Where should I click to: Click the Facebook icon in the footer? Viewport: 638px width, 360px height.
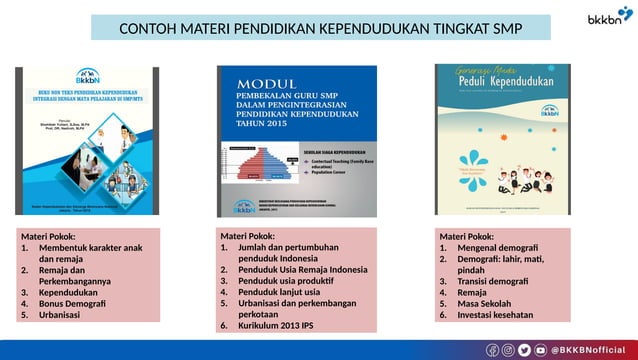coord(492,349)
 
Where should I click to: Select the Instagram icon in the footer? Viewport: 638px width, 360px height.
coord(509,349)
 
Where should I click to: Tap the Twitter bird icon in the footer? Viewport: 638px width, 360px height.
coord(525,349)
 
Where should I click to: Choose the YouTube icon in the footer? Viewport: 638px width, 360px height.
coord(541,349)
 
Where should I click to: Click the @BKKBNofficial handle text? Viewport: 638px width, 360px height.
coord(591,349)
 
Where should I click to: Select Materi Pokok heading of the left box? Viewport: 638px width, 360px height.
coord(49,236)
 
